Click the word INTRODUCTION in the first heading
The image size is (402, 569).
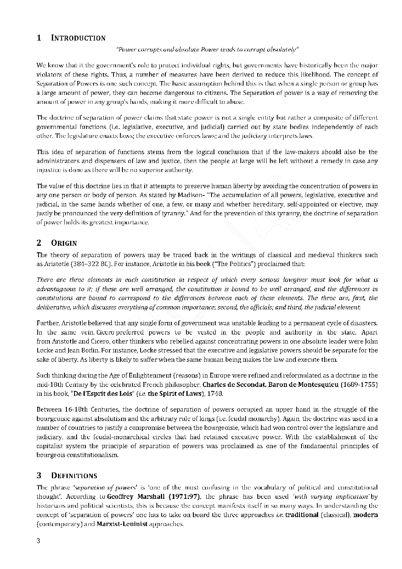(78, 38)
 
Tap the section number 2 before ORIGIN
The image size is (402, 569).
(39, 243)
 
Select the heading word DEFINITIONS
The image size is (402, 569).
(74, 475)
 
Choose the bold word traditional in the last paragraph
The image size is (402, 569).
(302, 515)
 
